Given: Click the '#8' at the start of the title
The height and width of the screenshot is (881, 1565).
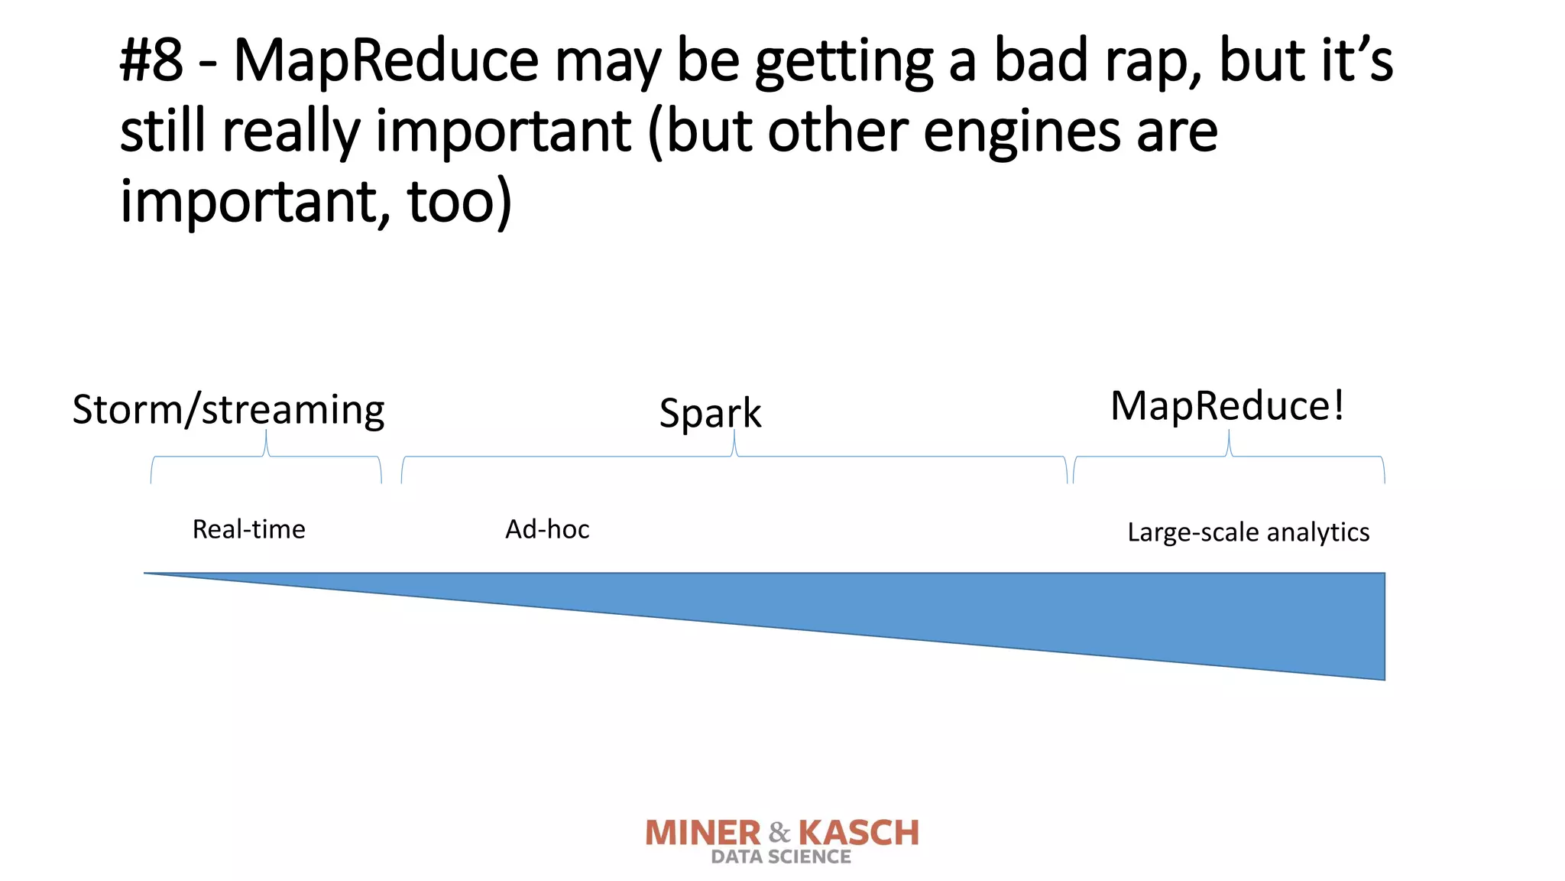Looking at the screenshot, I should pyautogui.click(x=151, y=61).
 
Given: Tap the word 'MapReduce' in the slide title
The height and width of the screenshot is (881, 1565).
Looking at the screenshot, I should pyautogui.click(x=386, y=61).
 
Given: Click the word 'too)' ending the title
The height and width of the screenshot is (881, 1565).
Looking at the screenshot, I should pyautogui.click(x=459, y=202).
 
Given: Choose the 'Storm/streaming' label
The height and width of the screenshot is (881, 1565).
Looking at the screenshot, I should pyautogui.click(x=228, y=410).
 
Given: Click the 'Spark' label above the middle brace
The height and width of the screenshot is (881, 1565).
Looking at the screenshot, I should pyautogui.click(x=710, y=414).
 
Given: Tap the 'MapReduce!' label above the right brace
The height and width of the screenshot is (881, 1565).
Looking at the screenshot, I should pyautogui.click(x=1226, y=406).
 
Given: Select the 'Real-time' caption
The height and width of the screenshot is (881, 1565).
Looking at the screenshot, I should pyautogui.click(x=248, y=529).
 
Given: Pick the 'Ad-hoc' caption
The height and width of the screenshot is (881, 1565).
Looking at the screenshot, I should pyautogui.click(x=547, y=529).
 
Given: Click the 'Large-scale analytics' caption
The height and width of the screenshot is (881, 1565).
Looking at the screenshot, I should pyautogui.click(x=1248, y=532).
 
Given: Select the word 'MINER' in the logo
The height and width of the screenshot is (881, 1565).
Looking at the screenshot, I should pyautogui.click(x=703, y=833).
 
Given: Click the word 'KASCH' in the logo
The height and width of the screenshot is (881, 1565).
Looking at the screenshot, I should pyautogui.click(x=858, y=833).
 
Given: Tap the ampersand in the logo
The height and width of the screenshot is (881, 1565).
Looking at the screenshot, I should pyautogui.click(x=779, y=832).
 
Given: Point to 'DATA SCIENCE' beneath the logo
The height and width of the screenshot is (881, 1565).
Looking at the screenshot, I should pyautogui.click(x=780, y=857).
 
